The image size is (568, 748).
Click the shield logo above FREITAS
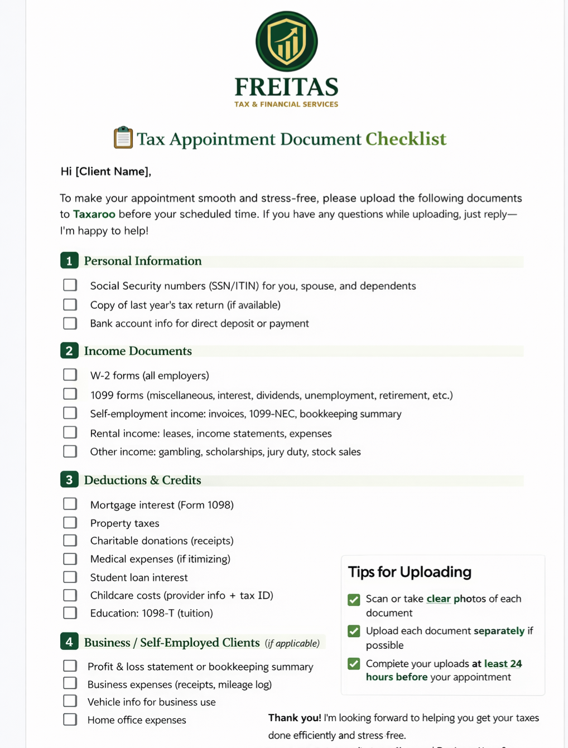coord(286,41)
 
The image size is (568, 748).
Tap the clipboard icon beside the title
coord(123,138)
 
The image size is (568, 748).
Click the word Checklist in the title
coord(406,139)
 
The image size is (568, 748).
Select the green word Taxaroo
coord(94,214)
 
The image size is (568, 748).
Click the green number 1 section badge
coord(69,260)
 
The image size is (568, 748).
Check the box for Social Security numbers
coord(70,285)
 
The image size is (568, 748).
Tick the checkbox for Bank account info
coord(70,323)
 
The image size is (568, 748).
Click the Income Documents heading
coord(138,351)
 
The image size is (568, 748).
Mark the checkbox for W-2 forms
coord(70,375)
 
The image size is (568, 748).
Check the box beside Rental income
coord(70,433)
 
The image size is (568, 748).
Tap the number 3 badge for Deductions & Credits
coord(69,480)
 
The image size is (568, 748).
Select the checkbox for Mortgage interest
coord(70,504)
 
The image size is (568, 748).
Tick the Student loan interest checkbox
coord(70,577)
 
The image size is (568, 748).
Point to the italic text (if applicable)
coord(292,643)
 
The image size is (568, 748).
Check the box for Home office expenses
coord(70,720)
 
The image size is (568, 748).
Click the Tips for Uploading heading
coord(410,572)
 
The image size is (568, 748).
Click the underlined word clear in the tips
coord(439,599)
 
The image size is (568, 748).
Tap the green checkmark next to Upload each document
coord(354,631)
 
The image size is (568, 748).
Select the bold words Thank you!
coord(295,718)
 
